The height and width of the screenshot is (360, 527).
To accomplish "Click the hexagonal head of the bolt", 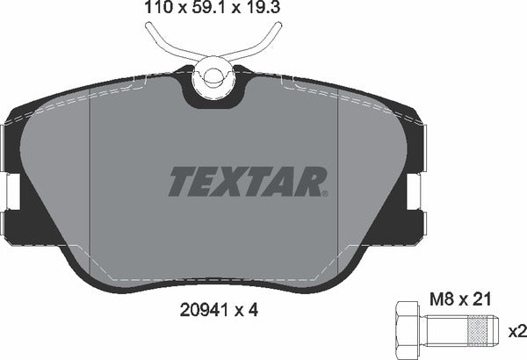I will pos(405,332).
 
